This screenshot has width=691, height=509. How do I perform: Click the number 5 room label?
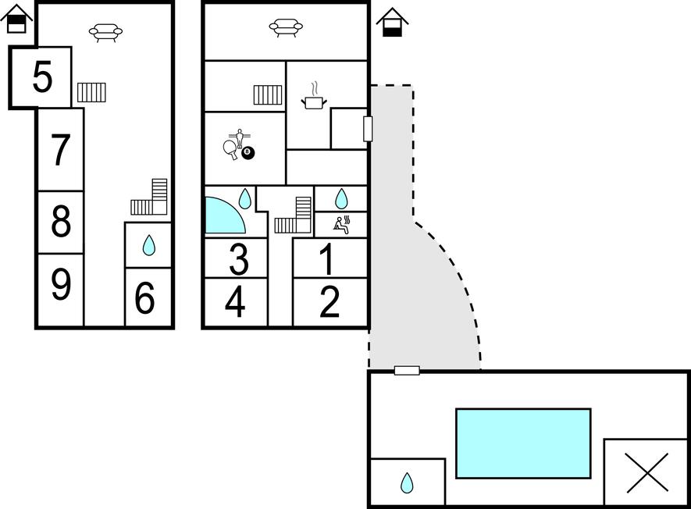point(42,77)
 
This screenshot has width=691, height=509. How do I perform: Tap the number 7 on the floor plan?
point(60,150)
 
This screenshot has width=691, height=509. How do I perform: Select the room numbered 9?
point(60,285)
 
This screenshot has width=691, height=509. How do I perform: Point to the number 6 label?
point(145,298)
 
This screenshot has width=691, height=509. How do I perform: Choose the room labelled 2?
point(330,303)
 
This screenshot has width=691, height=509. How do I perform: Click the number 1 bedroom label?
point(328,259)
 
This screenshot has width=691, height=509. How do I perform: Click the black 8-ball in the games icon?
point(248,152)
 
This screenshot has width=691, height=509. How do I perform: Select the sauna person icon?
point(341,224)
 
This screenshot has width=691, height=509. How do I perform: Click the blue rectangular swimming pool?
point(523,443)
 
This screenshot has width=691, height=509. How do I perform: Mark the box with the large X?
point(647,473)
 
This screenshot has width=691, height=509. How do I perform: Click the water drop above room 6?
point(148,247)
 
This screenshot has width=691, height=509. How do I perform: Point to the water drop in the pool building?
point(407,483)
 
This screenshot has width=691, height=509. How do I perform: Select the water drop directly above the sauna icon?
point(340,198)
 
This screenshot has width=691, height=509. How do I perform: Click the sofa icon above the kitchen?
point(286,27)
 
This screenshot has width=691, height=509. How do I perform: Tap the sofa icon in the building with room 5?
point(105,32)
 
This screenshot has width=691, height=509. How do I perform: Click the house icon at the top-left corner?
point(16,18)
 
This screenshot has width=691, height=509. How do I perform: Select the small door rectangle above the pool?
point(407,370)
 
